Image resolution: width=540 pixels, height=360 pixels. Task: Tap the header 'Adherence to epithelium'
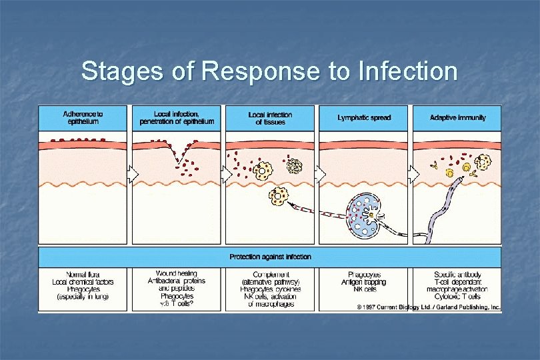83,117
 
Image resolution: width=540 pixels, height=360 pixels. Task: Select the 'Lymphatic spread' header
364,117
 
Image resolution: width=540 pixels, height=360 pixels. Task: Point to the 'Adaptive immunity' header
458,117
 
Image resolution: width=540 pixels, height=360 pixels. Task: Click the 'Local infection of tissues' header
270,117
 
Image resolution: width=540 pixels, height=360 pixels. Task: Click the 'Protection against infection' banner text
270,257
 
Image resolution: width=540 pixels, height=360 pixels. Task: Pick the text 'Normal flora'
83,274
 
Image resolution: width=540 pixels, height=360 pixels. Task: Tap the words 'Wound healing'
176,273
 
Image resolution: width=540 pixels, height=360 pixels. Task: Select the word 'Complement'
270,274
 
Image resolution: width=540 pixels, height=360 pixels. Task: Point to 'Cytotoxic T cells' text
457,297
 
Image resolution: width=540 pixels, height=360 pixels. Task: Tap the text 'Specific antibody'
457,274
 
